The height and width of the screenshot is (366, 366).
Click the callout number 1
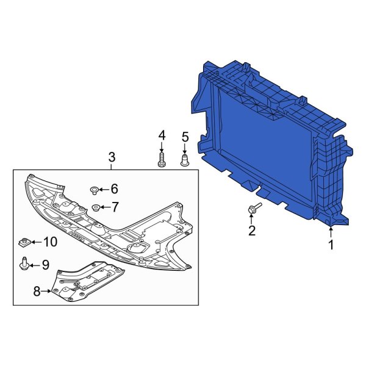coord(331,245)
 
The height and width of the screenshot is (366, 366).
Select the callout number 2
coord(251,230)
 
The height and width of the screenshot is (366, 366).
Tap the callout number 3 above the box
coord(112,158)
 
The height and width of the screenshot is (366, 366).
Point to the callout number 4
coord(162,135)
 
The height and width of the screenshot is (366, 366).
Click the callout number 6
coord(114,190)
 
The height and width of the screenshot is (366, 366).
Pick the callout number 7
coord(114,207)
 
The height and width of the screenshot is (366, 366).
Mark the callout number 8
coord(37,292)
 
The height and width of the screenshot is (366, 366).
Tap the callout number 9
coord(45,265)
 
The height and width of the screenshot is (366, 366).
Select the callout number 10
coord(49,242)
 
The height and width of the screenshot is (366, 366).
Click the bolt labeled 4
coord(162,161)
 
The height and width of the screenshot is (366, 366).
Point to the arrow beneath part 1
coord(331,232)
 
